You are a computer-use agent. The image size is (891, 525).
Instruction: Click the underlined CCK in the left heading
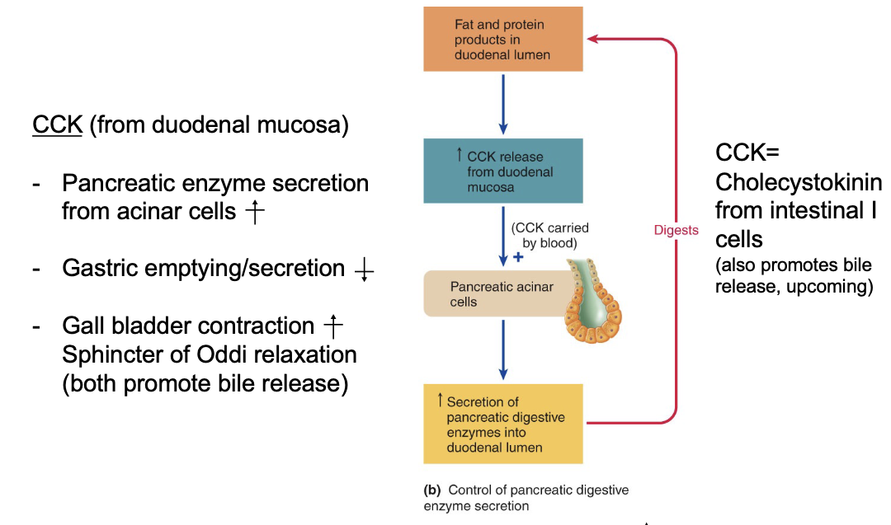[x=57, y=125]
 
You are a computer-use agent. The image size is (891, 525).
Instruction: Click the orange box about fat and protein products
[x=503, y=39]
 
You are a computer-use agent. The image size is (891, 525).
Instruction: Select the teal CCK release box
[x=503, y=171]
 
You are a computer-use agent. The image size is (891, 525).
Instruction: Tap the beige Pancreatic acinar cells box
[x=491, y=294]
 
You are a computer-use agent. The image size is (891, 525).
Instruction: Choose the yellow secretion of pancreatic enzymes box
[x=503, y=424]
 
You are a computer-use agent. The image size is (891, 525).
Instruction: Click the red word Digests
[x=676, y=231]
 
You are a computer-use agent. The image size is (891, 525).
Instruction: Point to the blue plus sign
[x=518, y=256]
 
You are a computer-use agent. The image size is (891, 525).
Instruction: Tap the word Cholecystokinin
[x=798, y=182]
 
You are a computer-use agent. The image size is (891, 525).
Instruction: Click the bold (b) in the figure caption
[x=431, y=490]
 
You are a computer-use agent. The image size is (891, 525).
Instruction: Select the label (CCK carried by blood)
[x=549, y=236]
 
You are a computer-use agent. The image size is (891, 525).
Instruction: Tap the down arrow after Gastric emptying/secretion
[x=362, y=270]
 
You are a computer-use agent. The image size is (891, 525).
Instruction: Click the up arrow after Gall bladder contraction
[x=332, y=327]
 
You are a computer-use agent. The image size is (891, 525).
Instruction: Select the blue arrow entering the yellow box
[x=503, y=363]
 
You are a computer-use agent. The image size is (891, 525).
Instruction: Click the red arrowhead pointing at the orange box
[x=593, y=38]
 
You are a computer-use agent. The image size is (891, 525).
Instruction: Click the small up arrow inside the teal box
[x=459, y=154]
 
